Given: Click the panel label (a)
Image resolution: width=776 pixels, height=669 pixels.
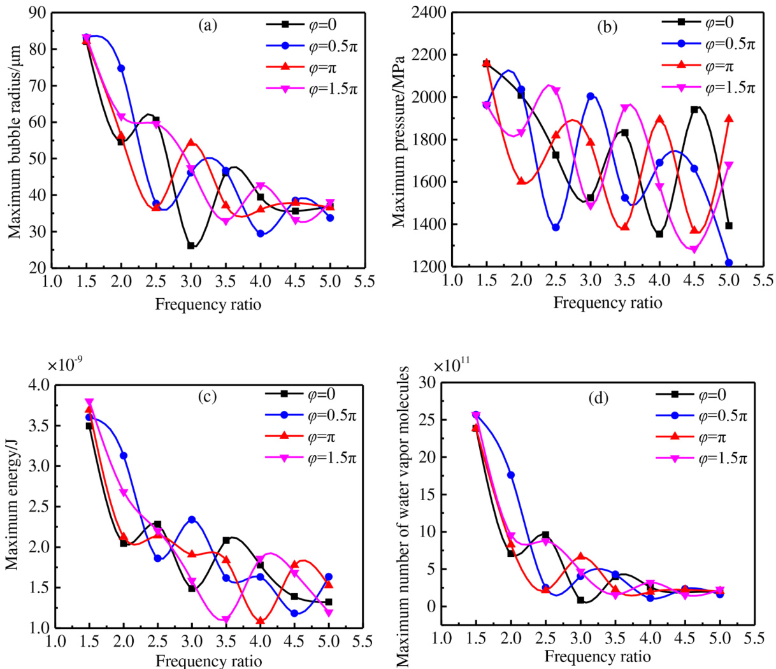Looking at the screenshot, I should click(x=208, y=25).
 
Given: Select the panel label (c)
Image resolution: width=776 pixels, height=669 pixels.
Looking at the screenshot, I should click(x=208, y=397).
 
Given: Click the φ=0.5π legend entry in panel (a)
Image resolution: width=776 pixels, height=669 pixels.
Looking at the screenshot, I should click(x=310, y=46).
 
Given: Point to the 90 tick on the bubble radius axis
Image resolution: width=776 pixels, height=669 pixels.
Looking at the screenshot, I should click(x=36, y=13).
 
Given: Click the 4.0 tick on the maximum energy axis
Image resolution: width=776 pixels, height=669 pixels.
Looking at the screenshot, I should click(x=38, y=385).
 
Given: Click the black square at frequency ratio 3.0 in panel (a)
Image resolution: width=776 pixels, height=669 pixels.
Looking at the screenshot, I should click(x=190, y=245).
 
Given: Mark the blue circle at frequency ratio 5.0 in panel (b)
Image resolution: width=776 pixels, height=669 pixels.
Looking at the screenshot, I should click(x=729, y=263).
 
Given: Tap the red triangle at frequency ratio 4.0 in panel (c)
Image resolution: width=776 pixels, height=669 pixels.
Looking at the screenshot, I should click(x=260, y=620).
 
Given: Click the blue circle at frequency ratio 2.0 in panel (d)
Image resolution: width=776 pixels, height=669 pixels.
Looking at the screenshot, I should click(x=510, y=475).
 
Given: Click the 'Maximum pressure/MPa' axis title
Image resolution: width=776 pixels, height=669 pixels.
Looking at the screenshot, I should click(x=399, y=140).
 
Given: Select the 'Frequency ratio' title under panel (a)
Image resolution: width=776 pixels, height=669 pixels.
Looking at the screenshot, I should click(x=208, y=305).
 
